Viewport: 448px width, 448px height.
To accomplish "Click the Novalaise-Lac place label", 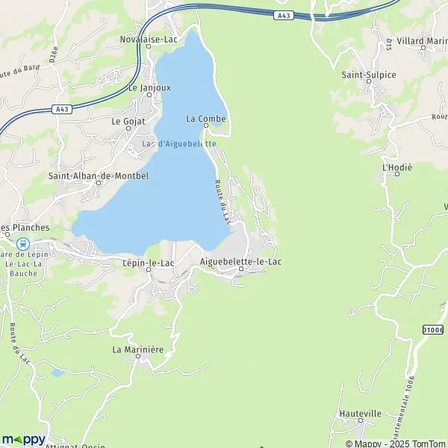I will pos(149,39).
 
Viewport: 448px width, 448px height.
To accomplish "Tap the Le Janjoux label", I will pos(149,87).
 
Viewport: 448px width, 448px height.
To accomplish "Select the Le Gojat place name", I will pos(128,120).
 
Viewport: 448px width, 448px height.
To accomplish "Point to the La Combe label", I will pos(202,118).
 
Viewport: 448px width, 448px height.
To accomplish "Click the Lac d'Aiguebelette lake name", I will pos(179,143).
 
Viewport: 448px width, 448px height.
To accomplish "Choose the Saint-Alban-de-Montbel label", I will pos(99,176).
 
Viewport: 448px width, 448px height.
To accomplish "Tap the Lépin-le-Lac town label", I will pos(148,263).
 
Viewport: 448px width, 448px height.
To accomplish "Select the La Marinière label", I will pos(138,349).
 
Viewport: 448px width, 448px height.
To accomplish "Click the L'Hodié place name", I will pos(397,167).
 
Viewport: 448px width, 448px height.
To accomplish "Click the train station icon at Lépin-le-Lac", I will pos(23,243).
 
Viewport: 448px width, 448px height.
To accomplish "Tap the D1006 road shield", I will pos(432,329).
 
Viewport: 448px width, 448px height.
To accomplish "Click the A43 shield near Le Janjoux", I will pos(62,109).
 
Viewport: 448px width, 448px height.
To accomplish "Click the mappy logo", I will pos(24,439).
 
